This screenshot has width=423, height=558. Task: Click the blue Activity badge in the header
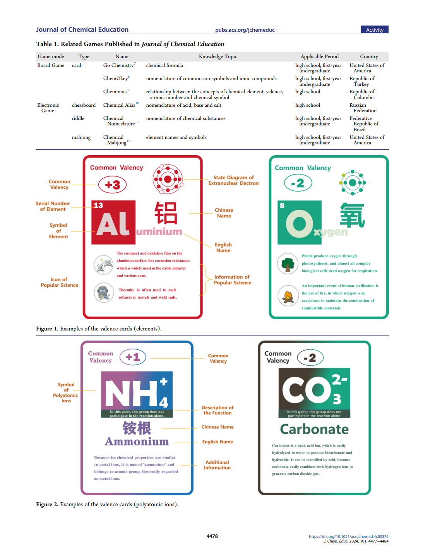point(374,30)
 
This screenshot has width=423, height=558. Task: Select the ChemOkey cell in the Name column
point(116,79)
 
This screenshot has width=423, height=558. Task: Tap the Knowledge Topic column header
point(218,56)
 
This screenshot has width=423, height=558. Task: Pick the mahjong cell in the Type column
point(81,137)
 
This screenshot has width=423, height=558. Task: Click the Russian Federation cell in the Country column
point(363,108)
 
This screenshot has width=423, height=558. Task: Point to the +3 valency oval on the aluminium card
point(112,185)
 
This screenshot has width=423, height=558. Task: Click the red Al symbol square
point(113,223)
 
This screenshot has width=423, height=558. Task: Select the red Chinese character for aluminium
point(166,213)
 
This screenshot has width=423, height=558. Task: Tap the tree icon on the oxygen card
point(288,264)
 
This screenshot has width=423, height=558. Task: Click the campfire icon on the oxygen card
point(288,296)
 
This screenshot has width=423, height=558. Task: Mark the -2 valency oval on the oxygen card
point(298,183)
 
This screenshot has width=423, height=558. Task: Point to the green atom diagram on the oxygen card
point(352,183)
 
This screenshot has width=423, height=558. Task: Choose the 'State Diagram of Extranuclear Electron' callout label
point(233,180)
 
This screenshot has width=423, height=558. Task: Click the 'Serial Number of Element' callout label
point(53,206)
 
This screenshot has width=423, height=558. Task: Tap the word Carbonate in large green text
point(314,429)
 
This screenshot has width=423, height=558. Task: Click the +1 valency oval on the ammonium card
point(133,357)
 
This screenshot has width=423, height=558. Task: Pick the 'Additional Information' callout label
point(217,465)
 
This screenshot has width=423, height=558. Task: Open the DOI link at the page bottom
point(348,536)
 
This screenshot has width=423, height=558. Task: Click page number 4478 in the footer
point(212,536)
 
